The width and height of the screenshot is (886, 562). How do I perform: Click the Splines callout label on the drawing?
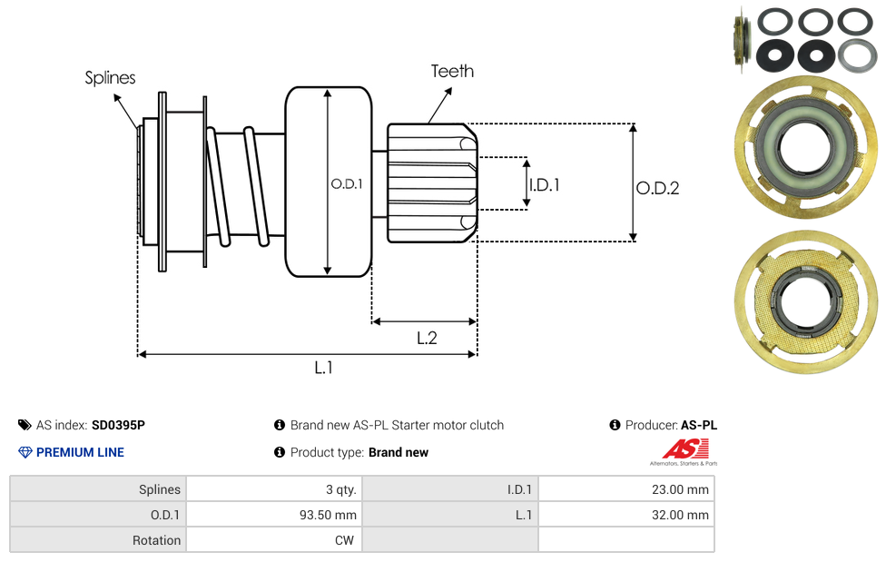tap(110, 78)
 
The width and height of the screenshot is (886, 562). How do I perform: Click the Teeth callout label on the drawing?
tap(452, 71)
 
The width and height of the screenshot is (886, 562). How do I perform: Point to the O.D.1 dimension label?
tap(347, 183)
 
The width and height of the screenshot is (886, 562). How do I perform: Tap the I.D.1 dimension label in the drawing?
tap(545, 185)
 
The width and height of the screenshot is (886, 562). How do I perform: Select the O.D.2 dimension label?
tap(657, 189)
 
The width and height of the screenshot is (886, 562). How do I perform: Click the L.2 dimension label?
tap(427, 338)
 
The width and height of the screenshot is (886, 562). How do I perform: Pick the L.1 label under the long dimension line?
tap(324, 368)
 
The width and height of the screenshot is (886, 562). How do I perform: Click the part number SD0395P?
tap(118, 425)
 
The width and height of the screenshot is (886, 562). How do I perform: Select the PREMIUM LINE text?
tap(80, 452)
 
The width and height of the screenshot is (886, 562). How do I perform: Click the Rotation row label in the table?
tap(157, 540)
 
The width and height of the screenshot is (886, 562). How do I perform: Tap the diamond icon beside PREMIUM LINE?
tap(25, 452)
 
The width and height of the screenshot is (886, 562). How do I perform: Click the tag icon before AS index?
tap(25, 425)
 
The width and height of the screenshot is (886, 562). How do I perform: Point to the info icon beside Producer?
tap(615, 425)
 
